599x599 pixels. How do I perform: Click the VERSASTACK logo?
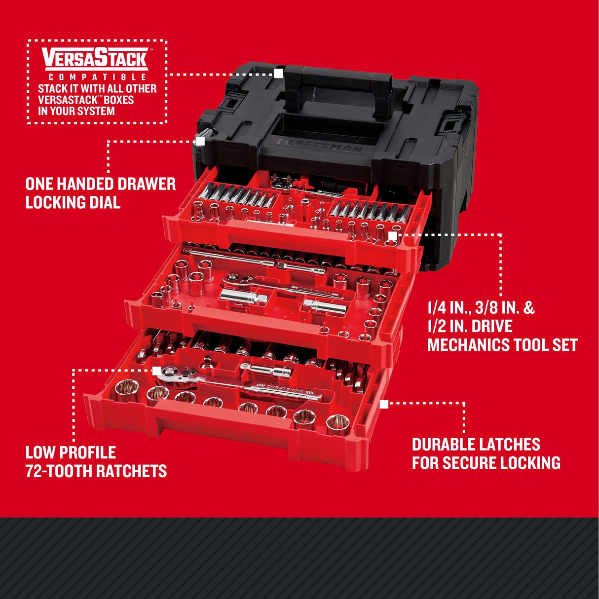[94, 58]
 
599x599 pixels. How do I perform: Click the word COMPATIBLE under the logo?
[97, 77]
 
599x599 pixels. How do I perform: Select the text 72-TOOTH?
[59, 471]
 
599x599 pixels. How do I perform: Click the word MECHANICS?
[467, 345]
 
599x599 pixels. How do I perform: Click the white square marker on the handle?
[279, 74]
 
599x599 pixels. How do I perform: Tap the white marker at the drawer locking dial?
[200, 141]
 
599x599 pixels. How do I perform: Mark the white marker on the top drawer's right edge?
[393, 236]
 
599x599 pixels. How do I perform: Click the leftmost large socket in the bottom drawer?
[125, 390]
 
